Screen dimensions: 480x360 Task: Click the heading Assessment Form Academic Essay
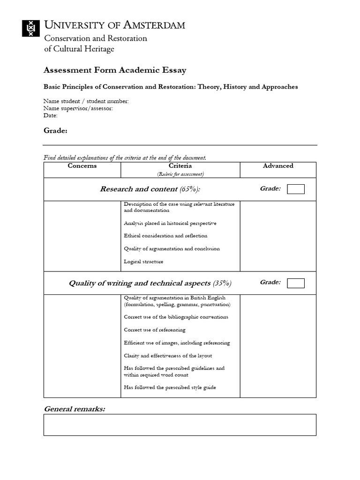point(115,70)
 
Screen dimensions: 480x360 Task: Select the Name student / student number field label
point(86,101)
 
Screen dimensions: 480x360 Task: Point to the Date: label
point(51,115)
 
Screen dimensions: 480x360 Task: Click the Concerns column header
point(82,166)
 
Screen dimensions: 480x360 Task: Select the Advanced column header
point(278,166)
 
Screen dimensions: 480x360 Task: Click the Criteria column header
point(180,166)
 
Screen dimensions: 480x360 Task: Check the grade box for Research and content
point(295,189)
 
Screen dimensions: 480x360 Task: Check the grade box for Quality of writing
point(295,283)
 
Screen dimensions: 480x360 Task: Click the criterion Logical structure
point(143,262)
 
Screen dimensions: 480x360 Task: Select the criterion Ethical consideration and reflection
point(165,236)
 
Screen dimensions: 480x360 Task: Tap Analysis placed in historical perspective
point(170,223)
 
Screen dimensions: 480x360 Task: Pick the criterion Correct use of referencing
point(155,330)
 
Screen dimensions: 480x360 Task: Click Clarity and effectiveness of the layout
point(167,356)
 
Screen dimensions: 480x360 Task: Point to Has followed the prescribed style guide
point(170,388)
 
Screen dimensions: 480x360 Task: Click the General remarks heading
point(75,409)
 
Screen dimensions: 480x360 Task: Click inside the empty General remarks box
point(180,425)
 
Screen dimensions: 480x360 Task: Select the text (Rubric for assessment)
point(180,174)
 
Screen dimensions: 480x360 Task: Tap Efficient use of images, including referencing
point(177,343)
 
